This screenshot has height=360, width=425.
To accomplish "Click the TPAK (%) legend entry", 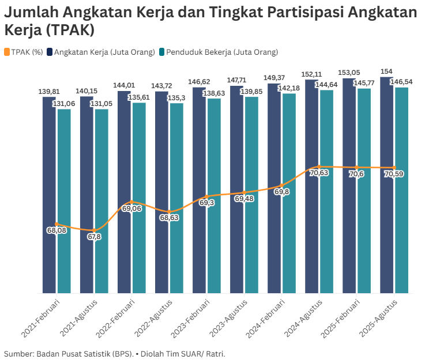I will click(24, 52).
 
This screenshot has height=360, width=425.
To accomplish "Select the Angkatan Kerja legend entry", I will click(101, 52).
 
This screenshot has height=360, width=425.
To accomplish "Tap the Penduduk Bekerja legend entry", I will click(219, 52).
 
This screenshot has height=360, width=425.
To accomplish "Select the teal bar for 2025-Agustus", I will click(401, 190).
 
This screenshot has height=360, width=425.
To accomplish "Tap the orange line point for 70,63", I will click(319, 167).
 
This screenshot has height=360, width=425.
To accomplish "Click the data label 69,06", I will click(132, 209).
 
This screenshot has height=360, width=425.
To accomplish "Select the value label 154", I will click(386, 71).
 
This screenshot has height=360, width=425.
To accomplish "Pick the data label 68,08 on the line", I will click(57, 230).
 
